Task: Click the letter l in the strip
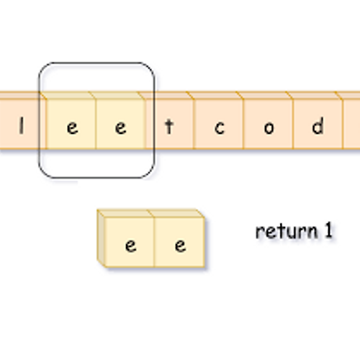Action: click(x=21, y=128)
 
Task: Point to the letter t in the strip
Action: click(x=170, y=128)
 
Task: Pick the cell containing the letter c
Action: click(x=219, y=128)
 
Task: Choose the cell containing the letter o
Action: click(x=269, y=128)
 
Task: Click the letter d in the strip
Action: click(x=318, y=128)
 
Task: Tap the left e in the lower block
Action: click(x=130, y=245)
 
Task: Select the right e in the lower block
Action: click(x=180, y=245)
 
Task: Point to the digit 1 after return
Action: click(x=328, y=230)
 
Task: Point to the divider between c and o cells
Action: click(x=244, y=124)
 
